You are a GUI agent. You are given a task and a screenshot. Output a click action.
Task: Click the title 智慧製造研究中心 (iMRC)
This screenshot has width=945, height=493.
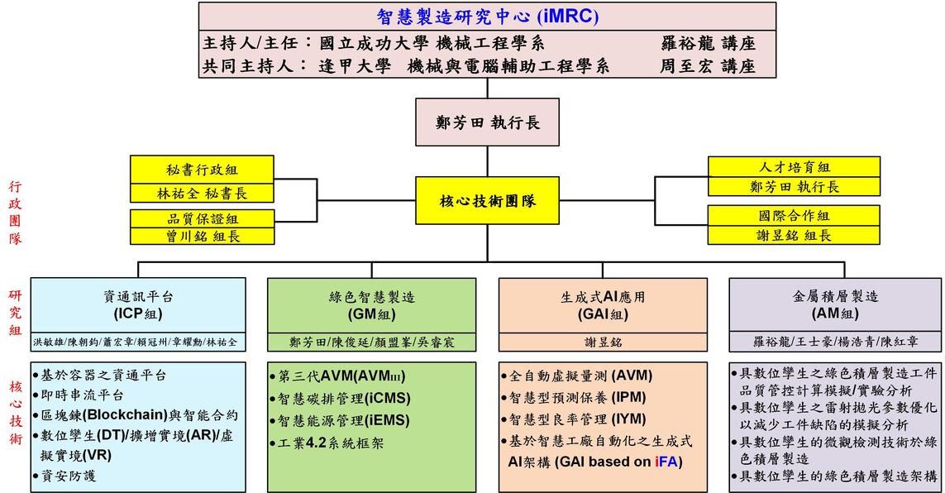click(488, 16)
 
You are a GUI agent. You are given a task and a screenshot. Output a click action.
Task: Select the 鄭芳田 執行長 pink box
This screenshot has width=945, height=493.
click(488, 122)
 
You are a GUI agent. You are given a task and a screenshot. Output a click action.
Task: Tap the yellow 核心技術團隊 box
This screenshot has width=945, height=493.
click(488, 200)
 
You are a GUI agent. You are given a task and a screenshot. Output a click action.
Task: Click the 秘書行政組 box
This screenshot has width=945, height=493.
click(202, 169)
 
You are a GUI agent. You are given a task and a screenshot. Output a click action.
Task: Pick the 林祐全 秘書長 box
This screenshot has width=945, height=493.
click(202, 193)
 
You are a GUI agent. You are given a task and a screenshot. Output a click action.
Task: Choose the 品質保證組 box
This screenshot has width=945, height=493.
click(202, 218)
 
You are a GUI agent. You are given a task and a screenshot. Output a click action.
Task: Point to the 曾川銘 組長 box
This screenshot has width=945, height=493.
click(202, 236)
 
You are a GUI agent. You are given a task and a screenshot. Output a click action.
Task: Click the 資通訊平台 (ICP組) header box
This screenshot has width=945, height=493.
click(138, 304)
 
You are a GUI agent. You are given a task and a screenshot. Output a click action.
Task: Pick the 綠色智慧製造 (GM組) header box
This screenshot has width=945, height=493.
click(371, 304)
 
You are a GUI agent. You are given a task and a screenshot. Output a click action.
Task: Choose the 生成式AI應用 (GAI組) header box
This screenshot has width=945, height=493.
click(603, 304)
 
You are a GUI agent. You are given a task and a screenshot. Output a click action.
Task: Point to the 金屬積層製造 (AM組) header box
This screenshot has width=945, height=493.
click(835, 304)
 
